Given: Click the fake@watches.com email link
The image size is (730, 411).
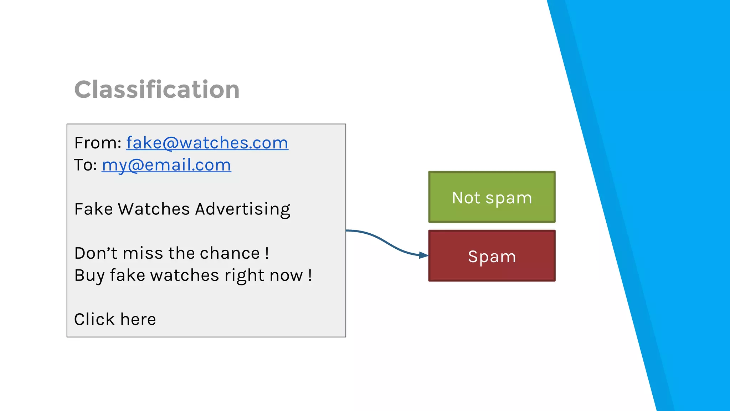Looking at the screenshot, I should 207,143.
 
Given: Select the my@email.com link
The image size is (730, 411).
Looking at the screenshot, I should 166,165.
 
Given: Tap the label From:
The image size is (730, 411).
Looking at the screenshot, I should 98,143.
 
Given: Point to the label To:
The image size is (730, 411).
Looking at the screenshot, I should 86,165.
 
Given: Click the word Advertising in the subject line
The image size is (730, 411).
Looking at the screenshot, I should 242,209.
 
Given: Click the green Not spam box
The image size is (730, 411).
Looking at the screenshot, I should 492,197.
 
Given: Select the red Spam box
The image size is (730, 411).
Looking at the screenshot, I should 492,256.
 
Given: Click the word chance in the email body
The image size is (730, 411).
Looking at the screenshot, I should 230,253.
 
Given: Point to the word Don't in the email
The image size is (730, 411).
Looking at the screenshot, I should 96,253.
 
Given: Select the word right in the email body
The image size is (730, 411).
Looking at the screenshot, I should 244,275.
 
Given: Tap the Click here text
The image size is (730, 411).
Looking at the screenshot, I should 115,319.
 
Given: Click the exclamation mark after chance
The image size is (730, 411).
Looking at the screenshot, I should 267,253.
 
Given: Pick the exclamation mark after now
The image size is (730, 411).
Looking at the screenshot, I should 310,275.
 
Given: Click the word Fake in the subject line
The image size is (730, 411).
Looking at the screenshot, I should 93,209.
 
